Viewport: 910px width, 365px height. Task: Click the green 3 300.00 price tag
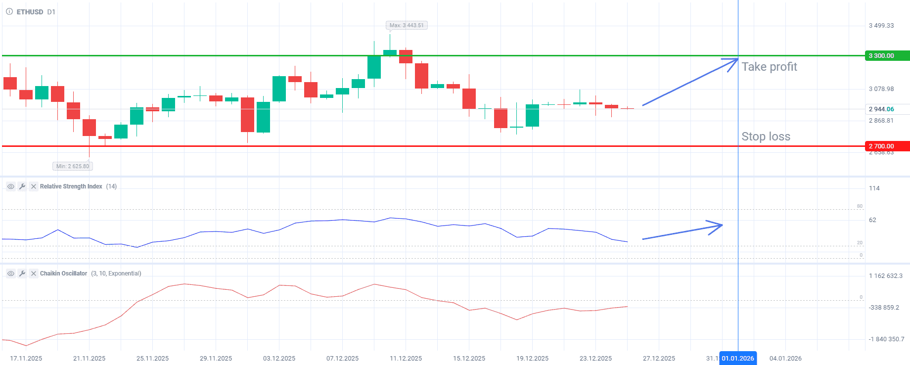[x=887, y=56]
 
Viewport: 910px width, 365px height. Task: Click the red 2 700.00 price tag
[x=887, y=146]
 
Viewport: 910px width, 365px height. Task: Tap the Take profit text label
[x=769, y=67]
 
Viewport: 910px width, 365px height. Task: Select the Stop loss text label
[x=766, y=137]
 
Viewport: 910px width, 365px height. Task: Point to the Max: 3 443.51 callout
[x=407, y=25]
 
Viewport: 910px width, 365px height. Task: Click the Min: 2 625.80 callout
[x=73, y=166]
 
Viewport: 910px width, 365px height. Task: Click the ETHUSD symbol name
[x=30, y=12]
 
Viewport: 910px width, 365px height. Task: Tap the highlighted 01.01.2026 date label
[x=738, y=359]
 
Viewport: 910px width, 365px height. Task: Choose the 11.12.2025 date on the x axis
[x=406, y=359]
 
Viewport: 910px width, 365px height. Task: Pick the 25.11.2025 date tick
[x=152, y=359]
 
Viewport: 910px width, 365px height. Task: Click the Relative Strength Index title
[x=71, y=186]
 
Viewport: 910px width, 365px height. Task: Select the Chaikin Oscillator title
[x=63, y=274]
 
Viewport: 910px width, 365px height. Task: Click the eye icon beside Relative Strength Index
[x=10, y=186]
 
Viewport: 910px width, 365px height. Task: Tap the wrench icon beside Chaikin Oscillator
[x=22, y=274]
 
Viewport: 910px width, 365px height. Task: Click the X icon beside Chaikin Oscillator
[x=33, y=274]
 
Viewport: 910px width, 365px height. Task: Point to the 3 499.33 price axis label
[x=881, y=26]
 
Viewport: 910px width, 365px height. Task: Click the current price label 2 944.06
[x=881, y=109]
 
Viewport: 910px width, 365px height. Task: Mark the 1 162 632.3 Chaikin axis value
[x=885, y=276]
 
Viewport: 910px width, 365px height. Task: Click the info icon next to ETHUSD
[x=9, y=12]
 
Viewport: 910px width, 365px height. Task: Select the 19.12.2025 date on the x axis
[x=532, y=359]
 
